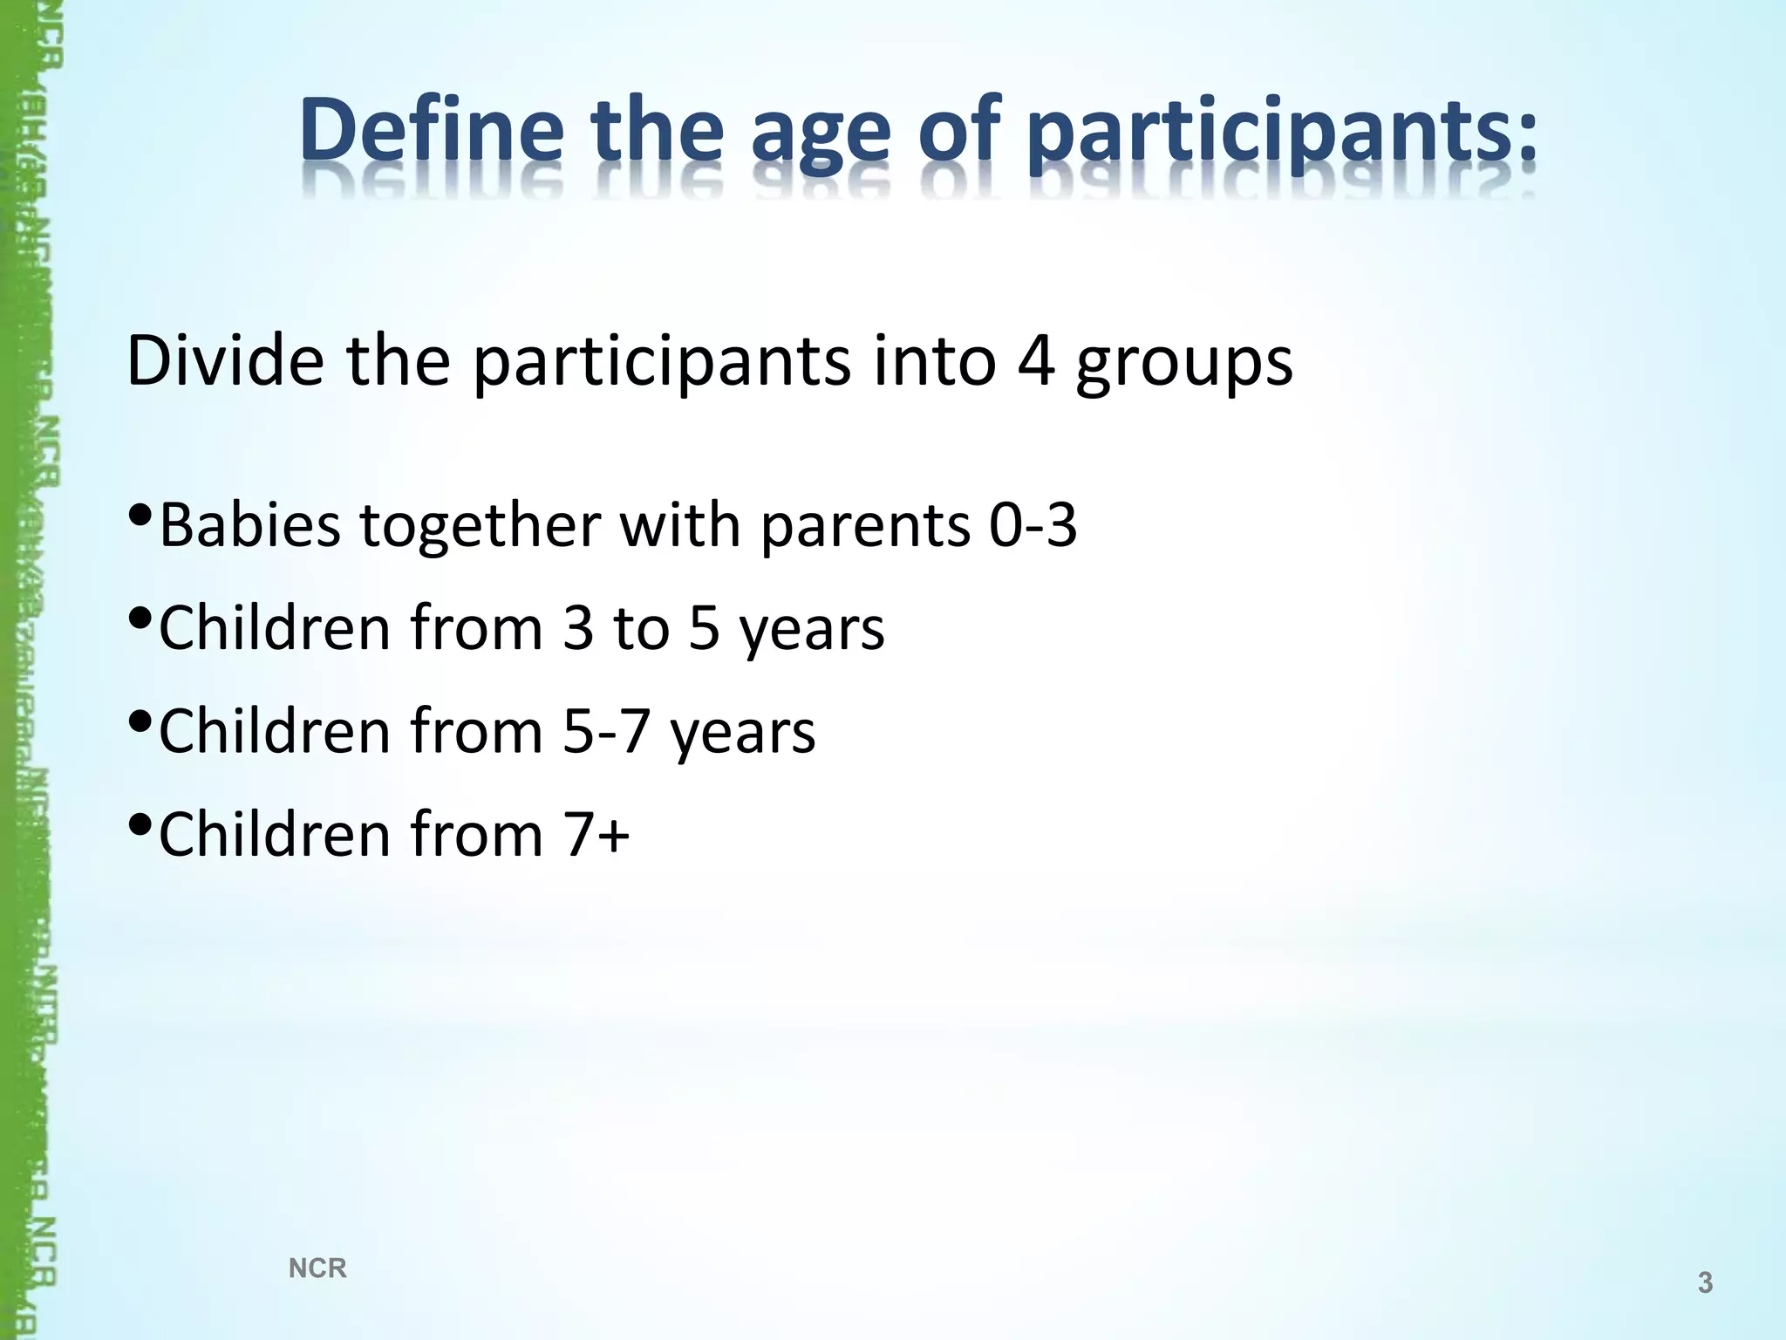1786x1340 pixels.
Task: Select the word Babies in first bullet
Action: (249, 525)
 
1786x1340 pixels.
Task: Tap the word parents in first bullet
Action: (865, 529)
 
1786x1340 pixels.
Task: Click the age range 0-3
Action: (1033, 525)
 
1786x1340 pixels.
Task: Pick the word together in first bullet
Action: (481, 527)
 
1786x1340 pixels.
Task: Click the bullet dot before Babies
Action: (140, 515)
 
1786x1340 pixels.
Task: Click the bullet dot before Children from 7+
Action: (140, 824)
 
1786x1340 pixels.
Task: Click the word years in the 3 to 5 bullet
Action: (812, 632)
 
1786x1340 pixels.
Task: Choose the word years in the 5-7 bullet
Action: (743, 735)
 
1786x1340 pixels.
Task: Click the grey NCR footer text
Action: (317, 1268)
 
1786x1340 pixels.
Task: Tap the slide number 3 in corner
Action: (1705, 1283)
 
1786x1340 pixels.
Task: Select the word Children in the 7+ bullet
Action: (274, 834)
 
